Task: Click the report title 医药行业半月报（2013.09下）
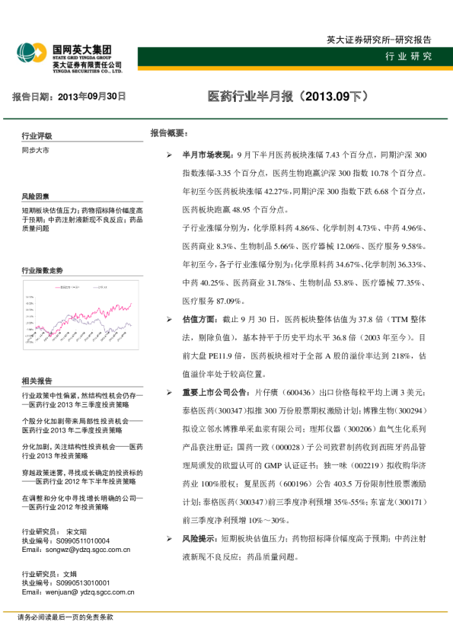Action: coord(288,97)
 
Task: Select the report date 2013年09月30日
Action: coord(92,97)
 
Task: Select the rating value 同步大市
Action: coord(35,151)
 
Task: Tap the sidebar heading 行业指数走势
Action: coord(43,270)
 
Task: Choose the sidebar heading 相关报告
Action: coord(37,381)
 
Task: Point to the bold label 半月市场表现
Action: coord(205,154)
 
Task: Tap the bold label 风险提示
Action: coord(200,560)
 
